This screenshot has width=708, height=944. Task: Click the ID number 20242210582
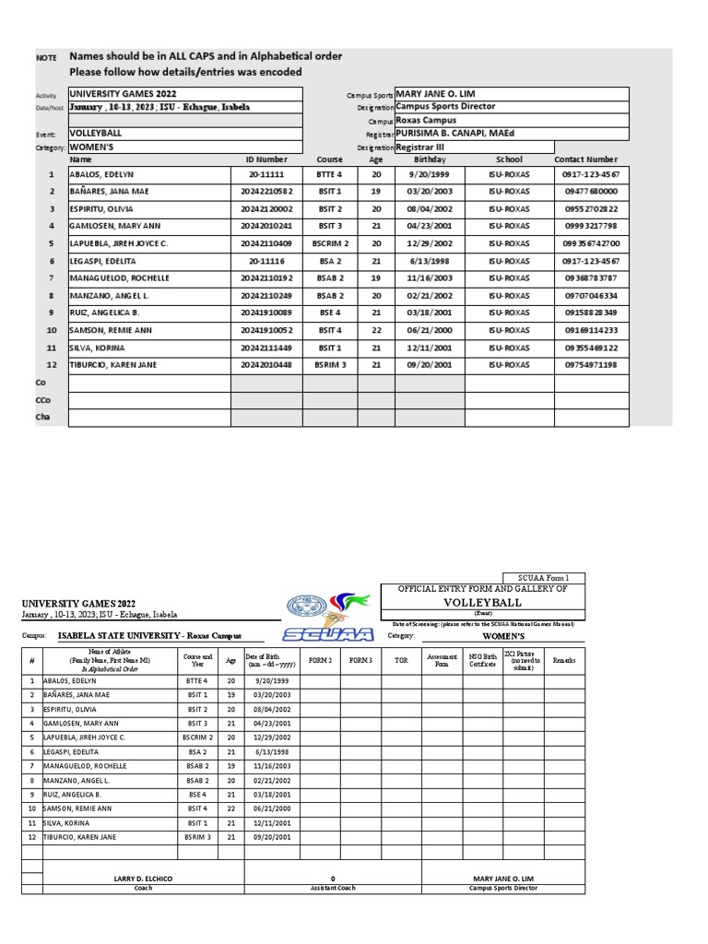tap(265, 192)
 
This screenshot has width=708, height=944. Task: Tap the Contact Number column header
tap(585, 159)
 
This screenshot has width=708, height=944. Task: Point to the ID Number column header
tap(266, 159)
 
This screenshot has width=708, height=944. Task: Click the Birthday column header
tap(429, 159)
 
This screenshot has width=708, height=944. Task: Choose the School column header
tap(509, 159)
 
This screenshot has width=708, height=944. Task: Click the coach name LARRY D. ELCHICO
tap(143, 879)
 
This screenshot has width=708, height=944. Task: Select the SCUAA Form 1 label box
tap(543, 578)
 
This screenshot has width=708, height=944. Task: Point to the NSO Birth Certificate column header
tap(482, 660)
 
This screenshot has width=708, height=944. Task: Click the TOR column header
tap(401, 660)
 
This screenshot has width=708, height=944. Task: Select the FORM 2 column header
tap(320, 660)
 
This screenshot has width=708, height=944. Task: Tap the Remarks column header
tap(563, 660)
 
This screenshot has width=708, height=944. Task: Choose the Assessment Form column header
tap(442, 660)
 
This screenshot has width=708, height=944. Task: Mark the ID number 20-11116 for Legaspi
tap(265, 261)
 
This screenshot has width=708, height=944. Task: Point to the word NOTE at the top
tap(46, 57)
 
